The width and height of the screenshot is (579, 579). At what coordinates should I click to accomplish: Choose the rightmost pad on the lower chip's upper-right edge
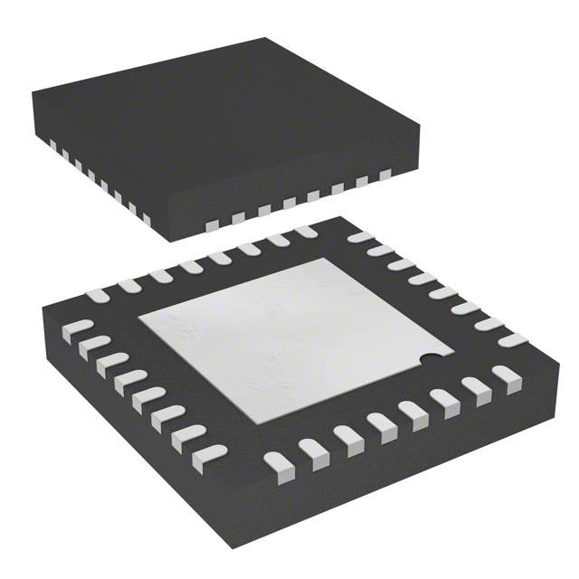click(x=512, y=340)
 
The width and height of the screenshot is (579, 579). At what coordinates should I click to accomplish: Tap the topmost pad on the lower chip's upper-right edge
click(x=360, y=237)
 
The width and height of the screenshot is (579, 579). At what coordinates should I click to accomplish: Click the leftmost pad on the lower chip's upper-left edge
click(x=98, y=295)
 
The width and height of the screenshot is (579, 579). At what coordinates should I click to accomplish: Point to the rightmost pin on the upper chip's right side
click(x=385, y=175)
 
